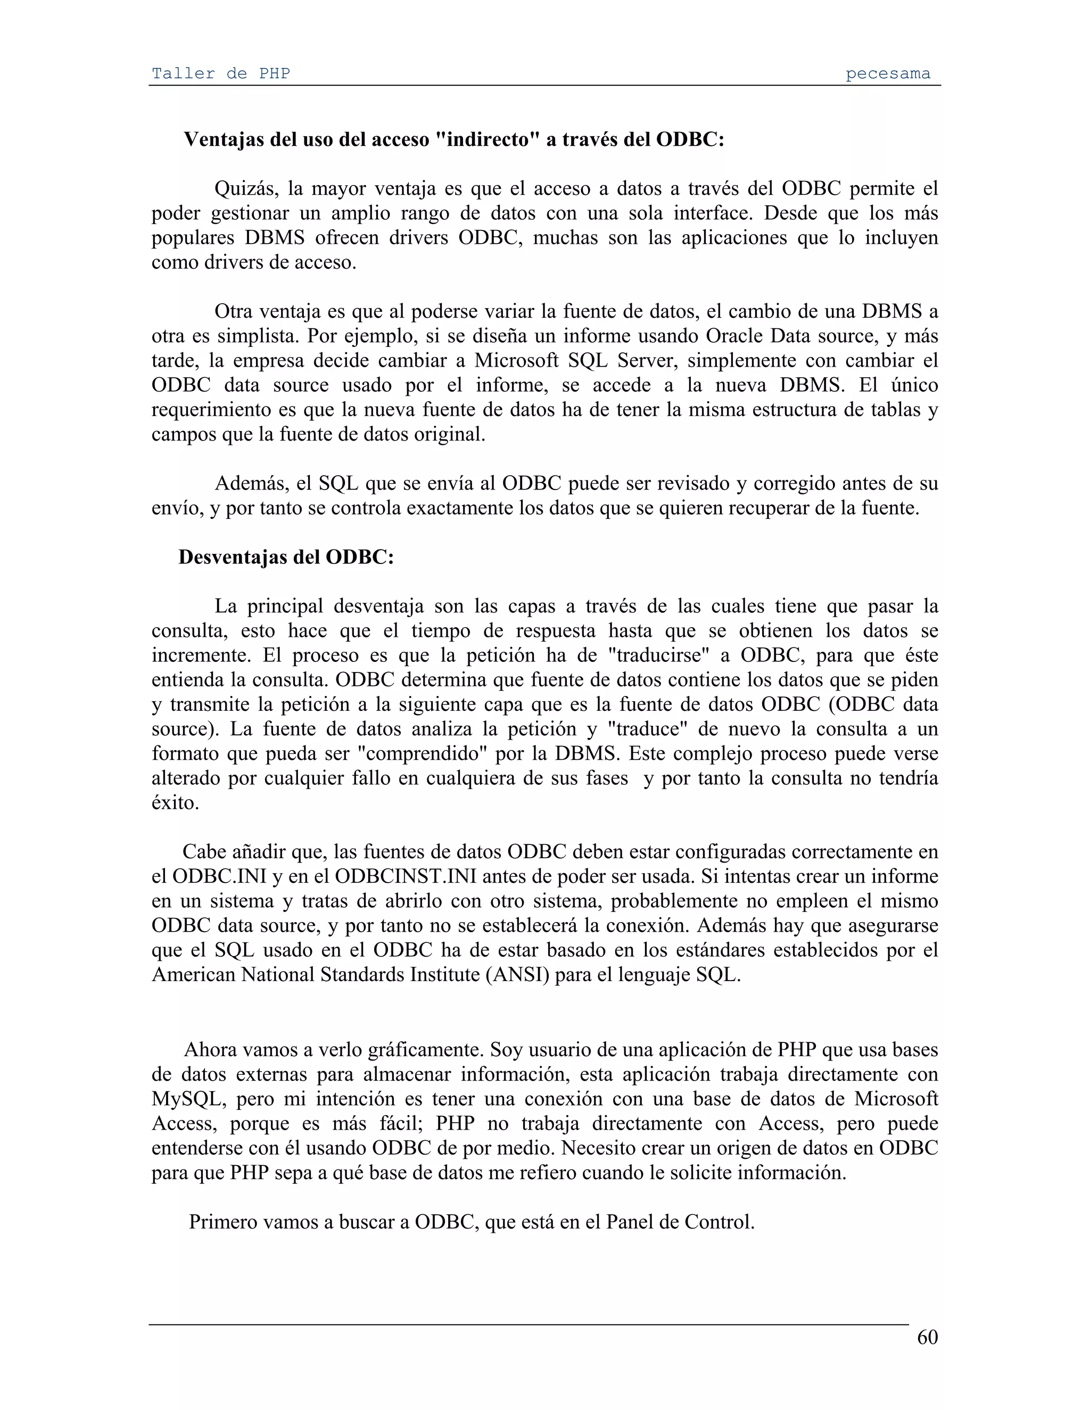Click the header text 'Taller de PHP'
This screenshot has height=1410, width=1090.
click(x=220, y=73)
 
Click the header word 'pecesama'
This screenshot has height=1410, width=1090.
click(x=888, y=73)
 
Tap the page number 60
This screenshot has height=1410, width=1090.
click(x=927, y=1337)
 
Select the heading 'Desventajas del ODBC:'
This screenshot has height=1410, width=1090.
click(x=286, y=557)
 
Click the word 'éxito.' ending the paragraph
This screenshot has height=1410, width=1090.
click(x=175, y=802)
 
